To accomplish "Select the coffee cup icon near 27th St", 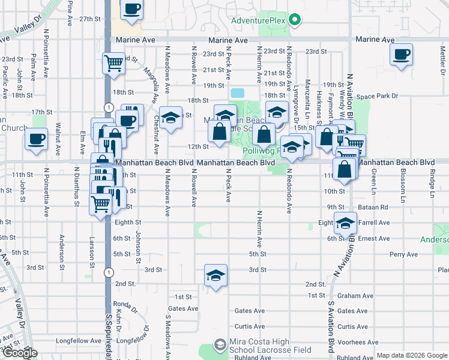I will pyautogui.click(x=131, y=10).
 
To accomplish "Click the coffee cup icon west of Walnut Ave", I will pyautogui.click(x=37, y=140).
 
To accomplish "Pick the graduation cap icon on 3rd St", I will pyautogui.click(x=215, y=275).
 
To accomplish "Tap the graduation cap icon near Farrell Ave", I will pyautogui.click(x=345, y=223).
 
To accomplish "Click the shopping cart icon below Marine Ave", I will pyautogui.click(x=113, y=63).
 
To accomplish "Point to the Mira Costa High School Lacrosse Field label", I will pyautogui.click(x=264, y=346).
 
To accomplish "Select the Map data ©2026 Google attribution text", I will pyautogui.click(x=411, y=355).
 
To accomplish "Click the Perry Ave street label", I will pyautogui.click(x=403, y=254).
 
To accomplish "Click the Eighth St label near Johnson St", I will pyautogui.click(x=127, y=222).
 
